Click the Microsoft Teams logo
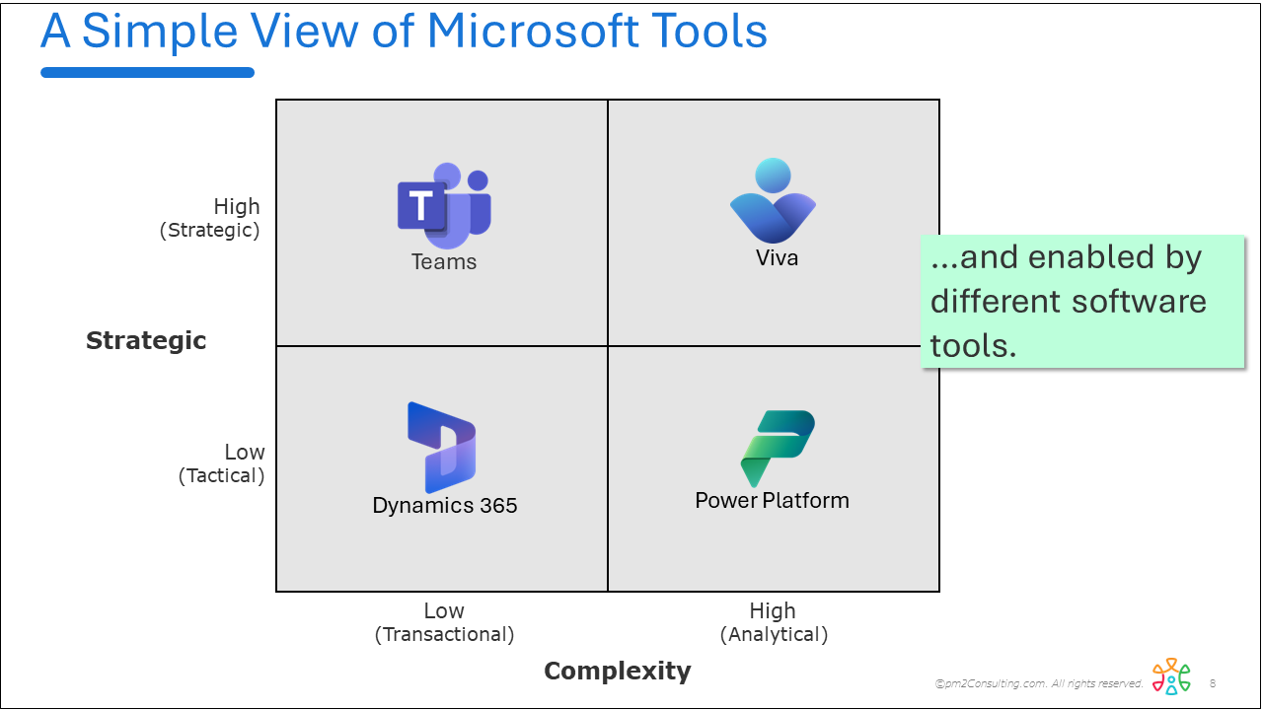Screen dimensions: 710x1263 point(444,206)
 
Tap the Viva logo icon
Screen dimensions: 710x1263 point(773,201)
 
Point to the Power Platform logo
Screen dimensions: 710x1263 point(778,448)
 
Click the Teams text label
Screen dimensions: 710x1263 point(444,262)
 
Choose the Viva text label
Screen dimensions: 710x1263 point(777,258)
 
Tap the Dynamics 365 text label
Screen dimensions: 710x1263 point(445,506)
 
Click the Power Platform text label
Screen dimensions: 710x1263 point(772,501)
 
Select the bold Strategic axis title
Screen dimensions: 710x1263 point(146,341)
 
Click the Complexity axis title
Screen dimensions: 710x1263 point(618,672)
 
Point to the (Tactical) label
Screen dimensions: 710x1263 point(222,476)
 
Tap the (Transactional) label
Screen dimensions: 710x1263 point(444,635)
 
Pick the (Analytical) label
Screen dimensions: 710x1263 point(774,635)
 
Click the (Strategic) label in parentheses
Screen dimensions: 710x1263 point(210,231)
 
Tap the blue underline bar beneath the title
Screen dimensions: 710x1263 point(148,72)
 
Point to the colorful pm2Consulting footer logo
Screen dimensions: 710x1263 point(1171,677)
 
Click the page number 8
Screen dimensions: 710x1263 point(1213,683)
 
